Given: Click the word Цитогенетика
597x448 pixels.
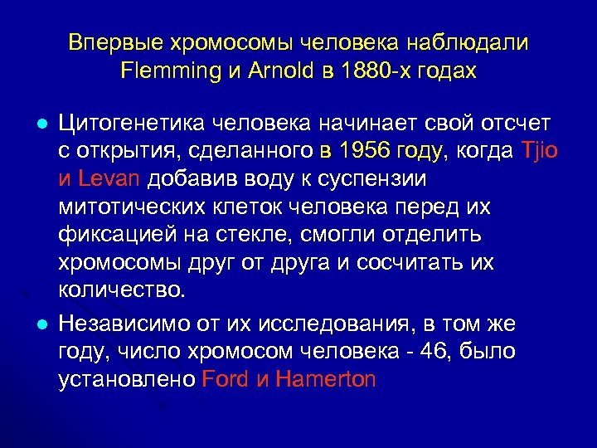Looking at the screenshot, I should (129, 124).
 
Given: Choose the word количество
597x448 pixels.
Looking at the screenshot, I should (124, 291).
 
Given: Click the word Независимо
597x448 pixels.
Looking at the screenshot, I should (121, 323).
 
